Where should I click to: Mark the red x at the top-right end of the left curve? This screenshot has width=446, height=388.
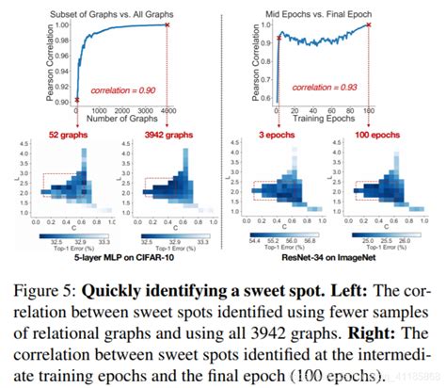point(167,24)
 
